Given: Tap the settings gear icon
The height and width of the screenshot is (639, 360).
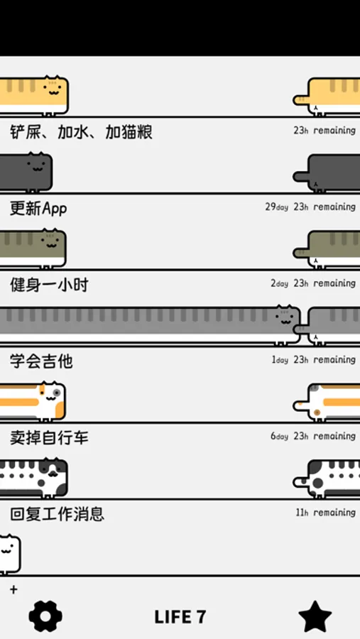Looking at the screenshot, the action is (45, 616).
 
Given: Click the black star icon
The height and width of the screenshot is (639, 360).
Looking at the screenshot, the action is (315, 616).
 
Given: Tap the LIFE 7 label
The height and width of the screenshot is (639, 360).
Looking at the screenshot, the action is (180, 617).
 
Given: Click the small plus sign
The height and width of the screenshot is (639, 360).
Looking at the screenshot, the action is (14, 589).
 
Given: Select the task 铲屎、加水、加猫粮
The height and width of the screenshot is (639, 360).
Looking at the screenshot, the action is (81, 132).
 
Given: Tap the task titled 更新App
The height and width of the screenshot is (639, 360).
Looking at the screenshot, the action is (38, 208).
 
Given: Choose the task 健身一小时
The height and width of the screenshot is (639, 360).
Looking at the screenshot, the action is (49, 285).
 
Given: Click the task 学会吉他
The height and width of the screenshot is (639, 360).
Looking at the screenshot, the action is (41, 361).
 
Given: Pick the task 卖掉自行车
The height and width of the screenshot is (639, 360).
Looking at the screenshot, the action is (49, 437).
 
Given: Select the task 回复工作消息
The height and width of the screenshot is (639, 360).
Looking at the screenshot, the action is (57, 513).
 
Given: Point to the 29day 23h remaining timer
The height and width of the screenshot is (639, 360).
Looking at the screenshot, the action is (310, 207).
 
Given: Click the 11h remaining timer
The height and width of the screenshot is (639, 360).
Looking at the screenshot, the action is (325, 512).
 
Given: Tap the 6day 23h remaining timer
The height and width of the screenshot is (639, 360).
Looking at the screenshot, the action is (313, 436).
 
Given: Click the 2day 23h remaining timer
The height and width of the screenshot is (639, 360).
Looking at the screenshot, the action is (313, 283).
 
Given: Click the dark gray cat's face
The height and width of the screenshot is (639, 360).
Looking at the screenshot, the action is (38, 167).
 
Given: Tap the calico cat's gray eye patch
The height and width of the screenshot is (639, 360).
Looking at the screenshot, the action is (57, 393).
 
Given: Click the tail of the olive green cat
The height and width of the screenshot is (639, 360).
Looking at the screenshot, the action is (301, 253).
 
